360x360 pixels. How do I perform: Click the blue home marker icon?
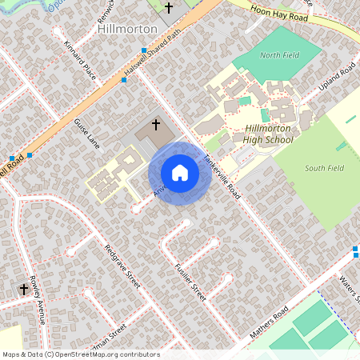[x=180, y=173]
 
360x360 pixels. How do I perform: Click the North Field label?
[x=280, y=55]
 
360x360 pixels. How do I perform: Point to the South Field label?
[x=325, y=168]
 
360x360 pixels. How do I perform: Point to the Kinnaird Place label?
[x=80, y=62]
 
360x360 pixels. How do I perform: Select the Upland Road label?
[x=337, y=81]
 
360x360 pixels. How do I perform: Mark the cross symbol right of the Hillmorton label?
[x=168, y=8]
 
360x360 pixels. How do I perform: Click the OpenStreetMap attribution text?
[x=81, y=354]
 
